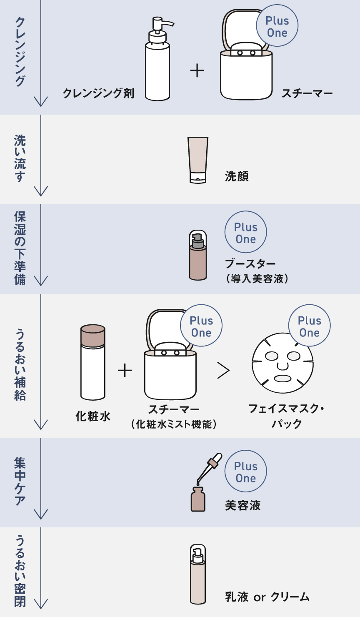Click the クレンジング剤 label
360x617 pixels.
(98, 93)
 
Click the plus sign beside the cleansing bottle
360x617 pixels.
(197, 71)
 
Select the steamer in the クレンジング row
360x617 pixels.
(246, 71)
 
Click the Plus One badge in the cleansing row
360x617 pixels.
(277, 26)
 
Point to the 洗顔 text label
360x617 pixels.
(237, 176)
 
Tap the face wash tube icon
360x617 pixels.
(197, 160)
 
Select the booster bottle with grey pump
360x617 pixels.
(197, 255)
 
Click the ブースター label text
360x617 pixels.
(250, 264)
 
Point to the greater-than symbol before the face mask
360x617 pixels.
(224, 370)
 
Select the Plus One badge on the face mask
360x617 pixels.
(309, 326)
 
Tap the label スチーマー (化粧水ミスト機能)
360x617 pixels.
(174, 417)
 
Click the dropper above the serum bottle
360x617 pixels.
(210, 467)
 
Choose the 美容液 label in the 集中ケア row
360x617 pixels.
(242, 505)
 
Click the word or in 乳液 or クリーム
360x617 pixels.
(259, 597)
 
